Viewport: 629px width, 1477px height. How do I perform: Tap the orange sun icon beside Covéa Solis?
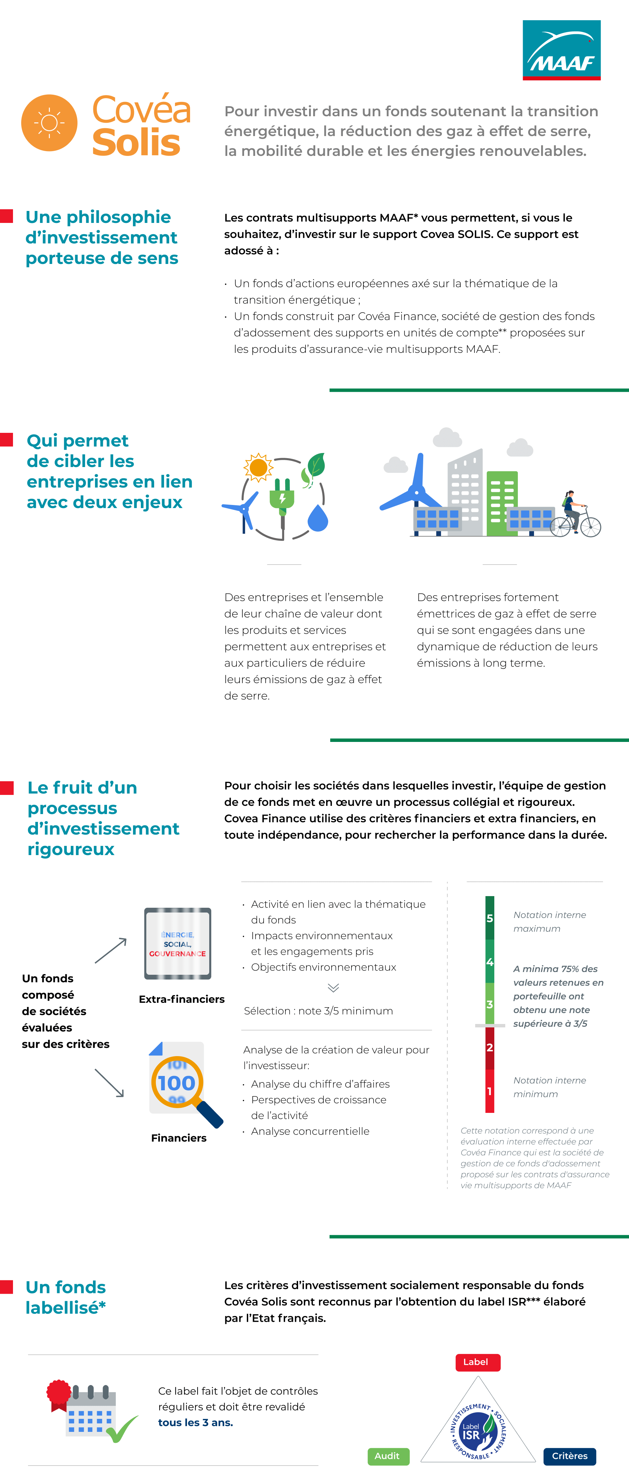pyautogui.click(x=49, y=123)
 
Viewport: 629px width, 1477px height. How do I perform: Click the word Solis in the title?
pyautogui.click(x=136, y=143)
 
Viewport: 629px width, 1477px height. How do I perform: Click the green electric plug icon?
pyautogui.click(x=282, y=496)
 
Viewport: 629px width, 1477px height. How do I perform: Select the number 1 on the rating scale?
pyautogui.click(x=490, y=1091)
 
